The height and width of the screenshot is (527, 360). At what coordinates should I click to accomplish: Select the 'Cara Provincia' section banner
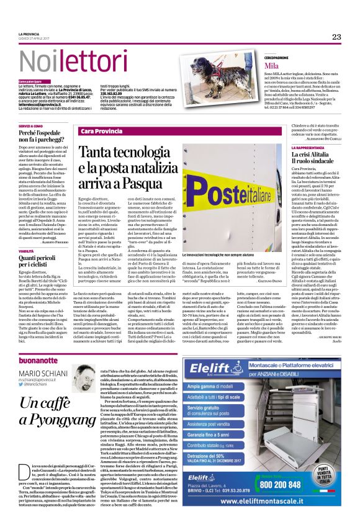tap(102, 132)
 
